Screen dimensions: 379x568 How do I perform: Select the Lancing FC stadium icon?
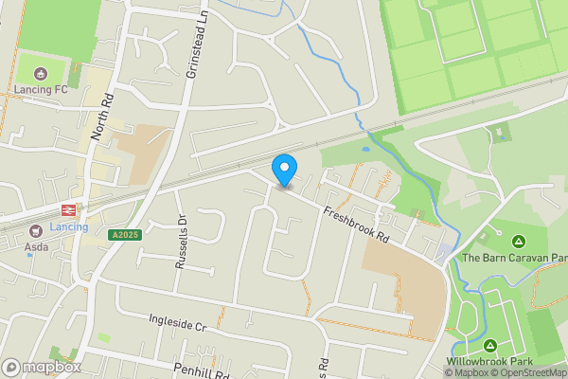[x=41, y=73]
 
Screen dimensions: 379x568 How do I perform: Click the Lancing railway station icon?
[x=68, y=210]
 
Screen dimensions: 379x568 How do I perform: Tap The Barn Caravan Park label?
[x=514, y=257]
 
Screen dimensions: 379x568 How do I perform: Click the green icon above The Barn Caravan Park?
[x=518, y=240]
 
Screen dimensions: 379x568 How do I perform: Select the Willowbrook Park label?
[x=489, y=361]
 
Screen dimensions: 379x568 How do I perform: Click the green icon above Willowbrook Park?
[x=490, y=345]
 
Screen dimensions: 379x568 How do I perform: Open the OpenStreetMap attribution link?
[x=527, y=372]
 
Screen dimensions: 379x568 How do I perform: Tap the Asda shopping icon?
[x=35, y=229]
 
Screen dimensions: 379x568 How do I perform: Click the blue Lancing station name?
[x=68, y=227]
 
